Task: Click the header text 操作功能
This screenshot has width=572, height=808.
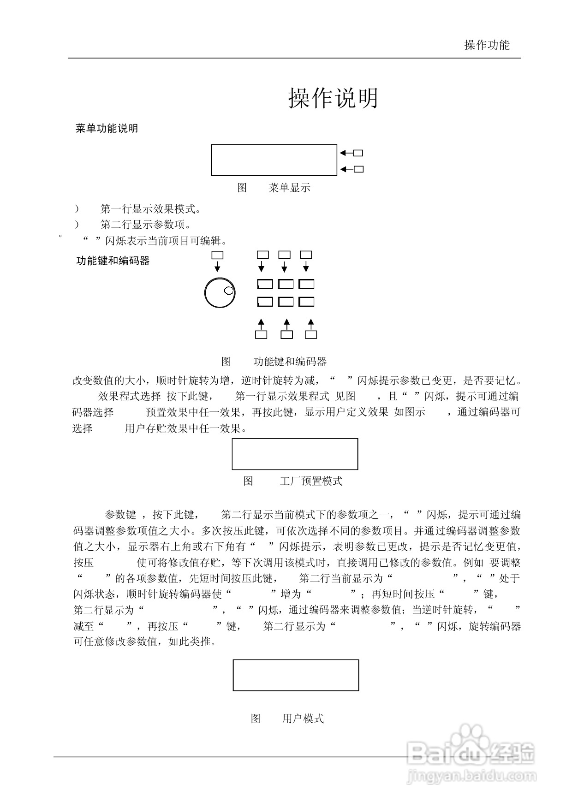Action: pos(487,45)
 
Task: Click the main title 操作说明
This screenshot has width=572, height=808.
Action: pos(333,98)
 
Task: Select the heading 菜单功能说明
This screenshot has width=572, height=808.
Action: pos(107,129)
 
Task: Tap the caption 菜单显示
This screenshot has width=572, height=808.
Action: pos(289,188)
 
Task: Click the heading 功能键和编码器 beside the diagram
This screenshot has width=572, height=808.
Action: pos(113,261)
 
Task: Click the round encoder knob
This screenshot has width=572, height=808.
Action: pos(220,292)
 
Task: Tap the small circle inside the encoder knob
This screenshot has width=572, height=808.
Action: pos(229,291)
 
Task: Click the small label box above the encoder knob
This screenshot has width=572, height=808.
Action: pos(217,255)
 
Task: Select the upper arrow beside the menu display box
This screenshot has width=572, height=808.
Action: pos(346,153)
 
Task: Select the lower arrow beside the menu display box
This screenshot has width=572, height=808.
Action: pos(346,169)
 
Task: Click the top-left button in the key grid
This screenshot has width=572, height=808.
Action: pos(265,284)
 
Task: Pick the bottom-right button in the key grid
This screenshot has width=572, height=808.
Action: pos(307,302)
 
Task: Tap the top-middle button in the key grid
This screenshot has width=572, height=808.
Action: pos(286,284)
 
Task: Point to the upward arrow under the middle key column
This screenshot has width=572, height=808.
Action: pos(286,323)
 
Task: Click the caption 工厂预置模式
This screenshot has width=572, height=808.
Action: pos(311,481)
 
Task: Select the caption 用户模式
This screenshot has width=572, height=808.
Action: pos(303,719)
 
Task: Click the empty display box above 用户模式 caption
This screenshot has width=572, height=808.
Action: pos(296,675)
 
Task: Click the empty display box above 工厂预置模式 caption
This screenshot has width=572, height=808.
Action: pos(295,454)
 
